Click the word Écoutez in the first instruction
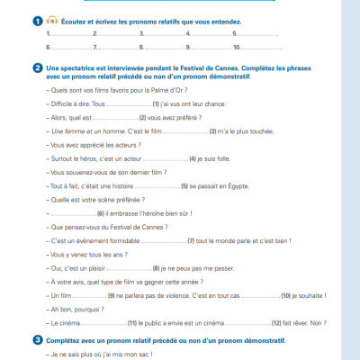click(74, 19)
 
